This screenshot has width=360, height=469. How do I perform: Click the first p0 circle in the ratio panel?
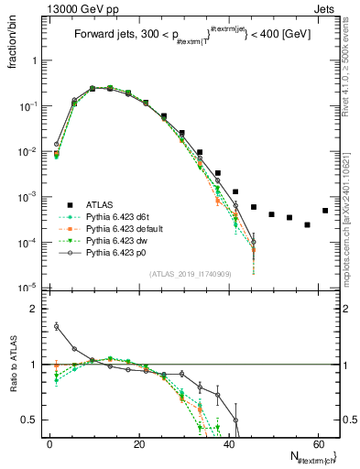57,325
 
